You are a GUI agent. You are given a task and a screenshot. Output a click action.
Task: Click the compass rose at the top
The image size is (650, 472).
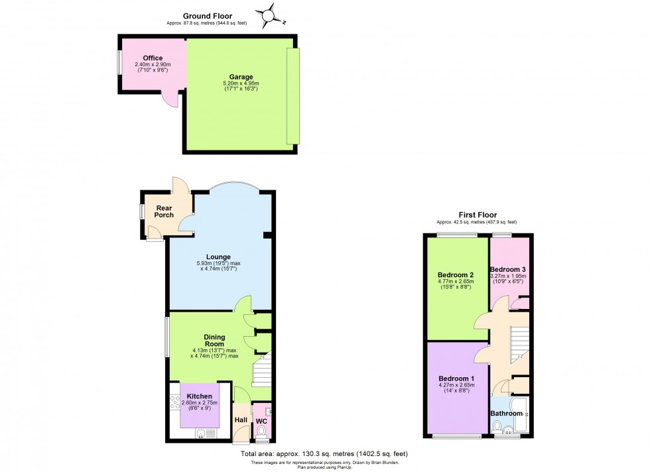point(268,14)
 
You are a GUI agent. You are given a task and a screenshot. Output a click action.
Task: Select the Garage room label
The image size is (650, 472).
point(241,77)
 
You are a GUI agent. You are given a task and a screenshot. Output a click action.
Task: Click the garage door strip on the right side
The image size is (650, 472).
point(292,96)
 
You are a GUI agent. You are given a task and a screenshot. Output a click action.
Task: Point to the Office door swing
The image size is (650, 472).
point(171,99)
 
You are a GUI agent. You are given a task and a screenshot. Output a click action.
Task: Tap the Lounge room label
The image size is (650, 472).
point(218,257)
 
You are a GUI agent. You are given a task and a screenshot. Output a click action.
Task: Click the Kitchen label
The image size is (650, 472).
point(199,396)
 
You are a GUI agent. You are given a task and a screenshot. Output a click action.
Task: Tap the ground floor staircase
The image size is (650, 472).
point(262,369)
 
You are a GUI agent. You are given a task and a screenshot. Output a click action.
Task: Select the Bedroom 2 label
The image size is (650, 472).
point(455,274)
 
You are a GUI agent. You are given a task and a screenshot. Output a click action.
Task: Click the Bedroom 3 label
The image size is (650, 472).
point(508,268)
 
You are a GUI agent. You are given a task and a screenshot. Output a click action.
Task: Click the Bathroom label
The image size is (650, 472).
point(506,414)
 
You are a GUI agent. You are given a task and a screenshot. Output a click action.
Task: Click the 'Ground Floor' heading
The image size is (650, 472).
point(208,15)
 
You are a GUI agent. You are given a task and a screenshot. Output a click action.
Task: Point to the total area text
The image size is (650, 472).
point(324,453)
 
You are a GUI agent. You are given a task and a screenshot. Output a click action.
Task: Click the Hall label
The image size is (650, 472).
point(241,420)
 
